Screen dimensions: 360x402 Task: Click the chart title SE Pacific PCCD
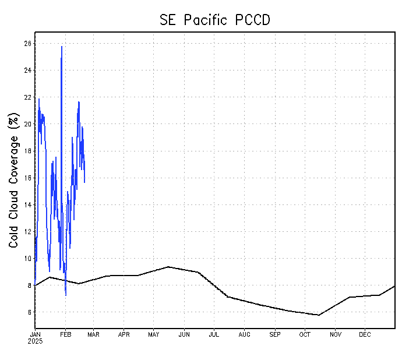[215, 19]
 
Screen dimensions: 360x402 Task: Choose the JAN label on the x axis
[35, 334]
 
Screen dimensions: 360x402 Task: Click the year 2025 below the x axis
[35, 341]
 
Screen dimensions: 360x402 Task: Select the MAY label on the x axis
[154, 334]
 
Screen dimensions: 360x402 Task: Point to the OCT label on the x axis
[305, 334]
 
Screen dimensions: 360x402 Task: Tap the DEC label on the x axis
[365, 334]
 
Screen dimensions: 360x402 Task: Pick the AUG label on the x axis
[244, 334]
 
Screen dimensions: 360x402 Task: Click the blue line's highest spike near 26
[62, 47]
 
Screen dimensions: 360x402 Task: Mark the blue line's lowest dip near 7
[65, 295]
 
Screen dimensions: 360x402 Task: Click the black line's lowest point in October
[319, 315]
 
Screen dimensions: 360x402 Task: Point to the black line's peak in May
[168, 267]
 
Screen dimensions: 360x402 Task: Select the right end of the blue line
[84, 182]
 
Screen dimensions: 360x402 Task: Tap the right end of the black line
[395, 286]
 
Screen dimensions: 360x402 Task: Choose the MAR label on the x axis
[93, 334]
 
